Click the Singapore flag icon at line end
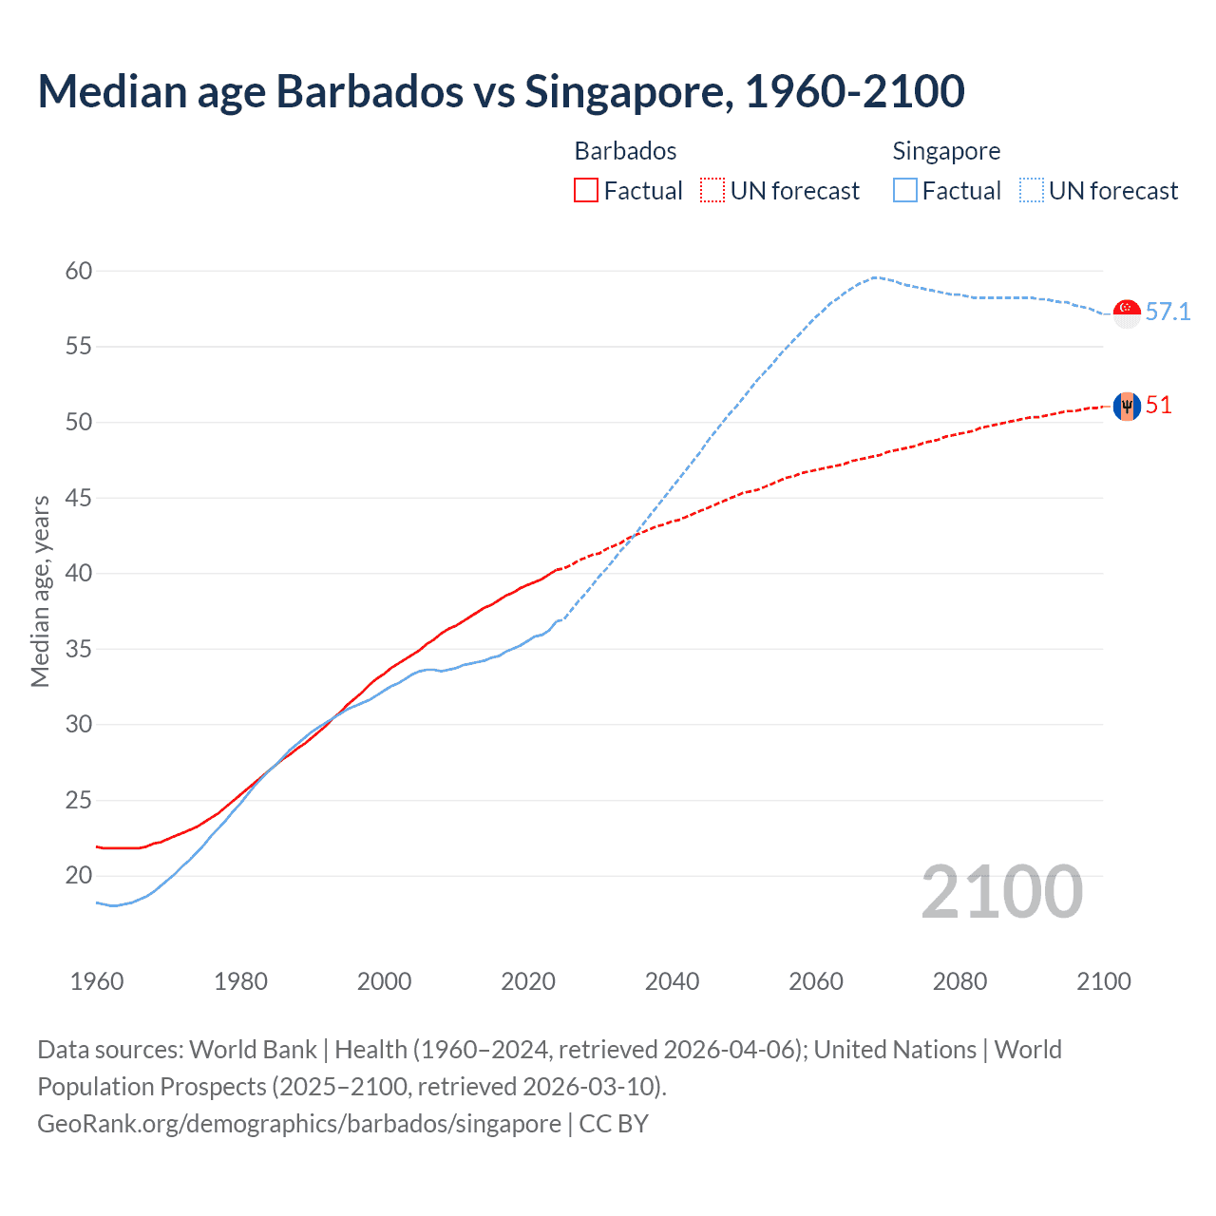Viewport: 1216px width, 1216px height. (x=1127, y=313)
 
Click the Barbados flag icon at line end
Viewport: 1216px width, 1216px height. (x=1127, y=407)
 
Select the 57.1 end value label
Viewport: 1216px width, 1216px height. (x=1168, y=313)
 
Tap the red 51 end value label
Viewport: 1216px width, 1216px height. (x=1159, y=406)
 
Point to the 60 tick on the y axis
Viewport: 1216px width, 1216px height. (x=79, y=272)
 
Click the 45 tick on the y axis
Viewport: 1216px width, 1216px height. (x=79, y=498)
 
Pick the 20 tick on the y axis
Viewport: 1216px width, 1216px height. (x=79, y=875)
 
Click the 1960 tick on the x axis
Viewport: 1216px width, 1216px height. (x=97, y=981)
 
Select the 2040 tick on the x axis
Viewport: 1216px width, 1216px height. (x=672, y=981)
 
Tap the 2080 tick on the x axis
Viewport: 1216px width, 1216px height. (x=959, y=981)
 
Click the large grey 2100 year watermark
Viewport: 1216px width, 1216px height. (x=1001, y=891)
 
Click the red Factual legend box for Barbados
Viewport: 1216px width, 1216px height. (x=586, y=191)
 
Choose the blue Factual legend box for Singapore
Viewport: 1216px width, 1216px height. (x=905, y=191)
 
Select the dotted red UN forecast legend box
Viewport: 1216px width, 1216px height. (x=712, y=191)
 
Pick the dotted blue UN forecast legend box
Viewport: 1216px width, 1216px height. (x=1032, y=191)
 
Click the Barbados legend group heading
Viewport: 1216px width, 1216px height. (x=625, y=151)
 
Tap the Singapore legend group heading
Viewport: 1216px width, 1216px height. (x=946, y=151)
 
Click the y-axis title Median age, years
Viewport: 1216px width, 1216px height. (x=40, y=591)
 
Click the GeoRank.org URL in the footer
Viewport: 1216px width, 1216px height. (x=299, y=1123)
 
